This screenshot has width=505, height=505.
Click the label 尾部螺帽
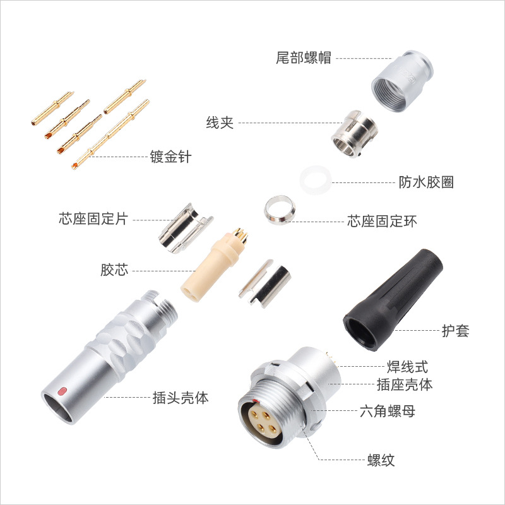[304, 59]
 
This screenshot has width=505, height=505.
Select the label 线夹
[220, 122]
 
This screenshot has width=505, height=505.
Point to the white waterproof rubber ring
[315, 181]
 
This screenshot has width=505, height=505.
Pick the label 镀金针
[170, 156]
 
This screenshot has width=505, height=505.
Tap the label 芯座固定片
[93, 219]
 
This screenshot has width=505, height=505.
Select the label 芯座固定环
[383, 221]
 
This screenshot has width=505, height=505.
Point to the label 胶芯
[114, 270]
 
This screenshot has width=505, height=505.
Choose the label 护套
[455, 330]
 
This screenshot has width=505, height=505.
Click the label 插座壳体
[404, 384]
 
